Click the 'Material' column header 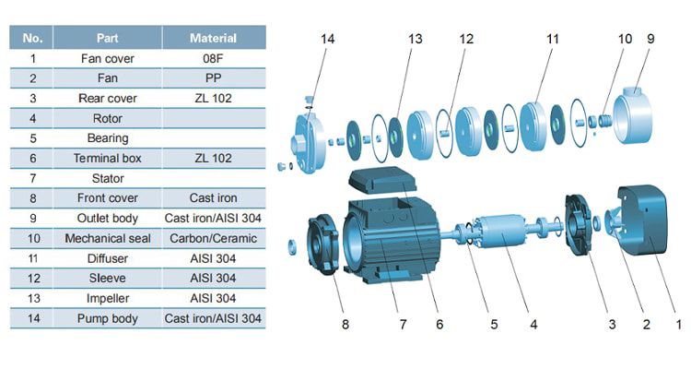point(213,38)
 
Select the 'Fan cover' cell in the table point(108,58)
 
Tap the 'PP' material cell point(213,78)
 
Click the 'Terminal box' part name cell point(108,158)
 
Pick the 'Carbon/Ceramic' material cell point(213,238)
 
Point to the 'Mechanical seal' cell point(108,238)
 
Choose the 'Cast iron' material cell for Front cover point(213,197)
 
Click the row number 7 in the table point(32,178)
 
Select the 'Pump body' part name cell point(108,318)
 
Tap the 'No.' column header point(32,38)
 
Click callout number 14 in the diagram point(330,39)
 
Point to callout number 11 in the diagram point(552,39)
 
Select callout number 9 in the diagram point(650,39)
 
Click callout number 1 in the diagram point(680,325)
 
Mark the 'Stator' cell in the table point(108,178)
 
